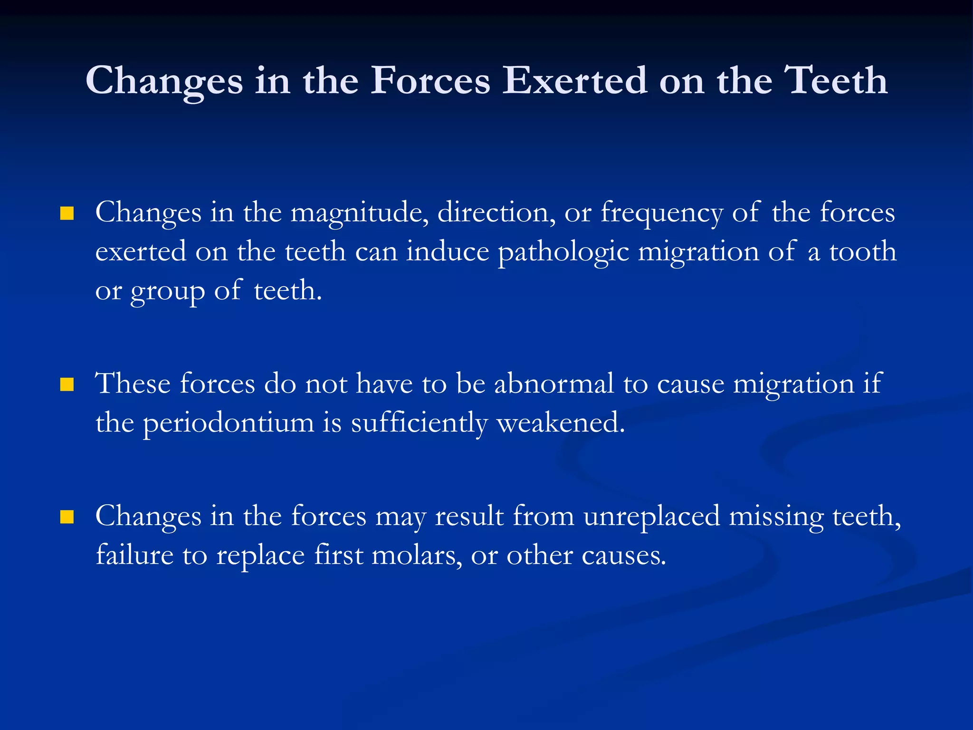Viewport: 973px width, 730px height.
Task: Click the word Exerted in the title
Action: tap(574, 81)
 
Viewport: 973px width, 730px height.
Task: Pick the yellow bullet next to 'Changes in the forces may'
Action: tap(67, 517)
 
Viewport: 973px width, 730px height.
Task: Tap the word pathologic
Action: tap(563, 252)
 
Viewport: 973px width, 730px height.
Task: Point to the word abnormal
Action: tap(554, 383)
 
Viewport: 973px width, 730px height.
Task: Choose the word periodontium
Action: tap(229, 423)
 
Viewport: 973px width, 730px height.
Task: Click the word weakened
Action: tap(560, 422)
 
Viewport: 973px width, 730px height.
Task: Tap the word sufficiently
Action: tap(419, 423)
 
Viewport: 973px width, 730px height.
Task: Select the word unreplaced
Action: tap(651, 517)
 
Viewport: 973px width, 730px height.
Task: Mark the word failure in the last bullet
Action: tap(134, 555)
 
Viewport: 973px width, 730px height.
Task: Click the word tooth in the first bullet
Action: tap(862, 251)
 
